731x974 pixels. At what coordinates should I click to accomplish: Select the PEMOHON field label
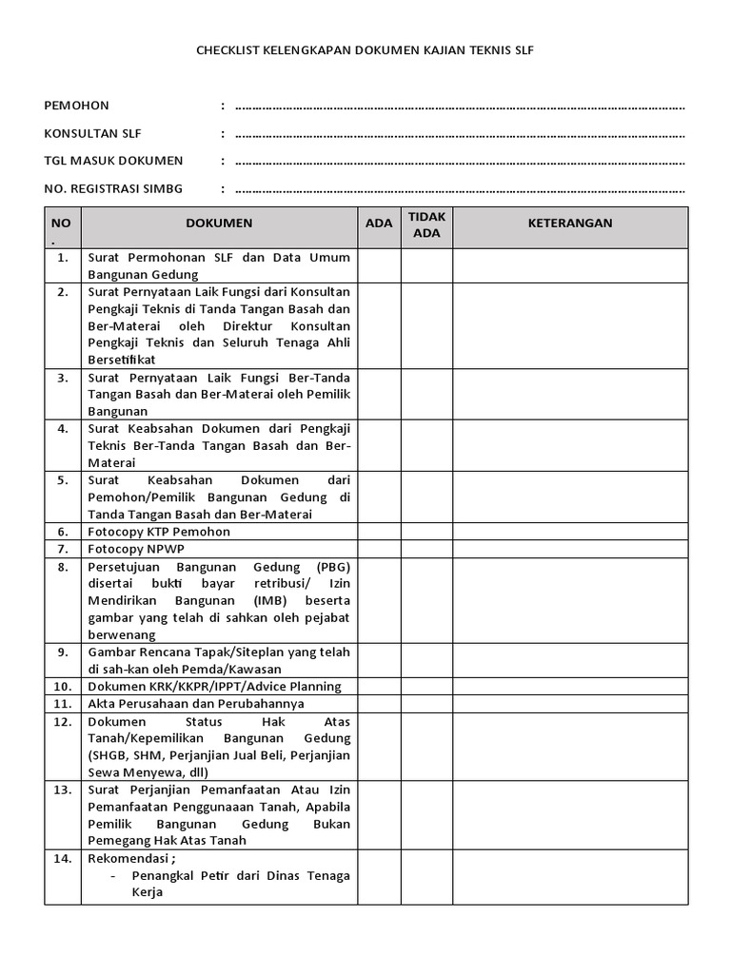(77, 106)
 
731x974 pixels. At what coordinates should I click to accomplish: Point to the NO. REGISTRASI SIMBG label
(113, 189)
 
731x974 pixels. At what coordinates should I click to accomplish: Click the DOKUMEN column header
(219, 224)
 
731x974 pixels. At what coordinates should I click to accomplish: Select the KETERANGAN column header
(570, 224)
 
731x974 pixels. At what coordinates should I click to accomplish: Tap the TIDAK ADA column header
(426, 224)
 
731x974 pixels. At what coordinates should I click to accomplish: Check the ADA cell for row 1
(379, 265)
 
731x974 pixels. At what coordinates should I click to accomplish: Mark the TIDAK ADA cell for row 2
(426, 325)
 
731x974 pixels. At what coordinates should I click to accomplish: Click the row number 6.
(63, 532)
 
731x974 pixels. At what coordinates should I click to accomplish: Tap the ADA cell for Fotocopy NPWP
(379, 549)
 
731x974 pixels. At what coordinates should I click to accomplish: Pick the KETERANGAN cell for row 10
(570, 686)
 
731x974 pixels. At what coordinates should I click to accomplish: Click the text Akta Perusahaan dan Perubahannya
(196, 703)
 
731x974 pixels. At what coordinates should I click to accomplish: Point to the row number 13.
(63, 789)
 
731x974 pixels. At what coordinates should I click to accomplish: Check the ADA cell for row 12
(379, 747)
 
